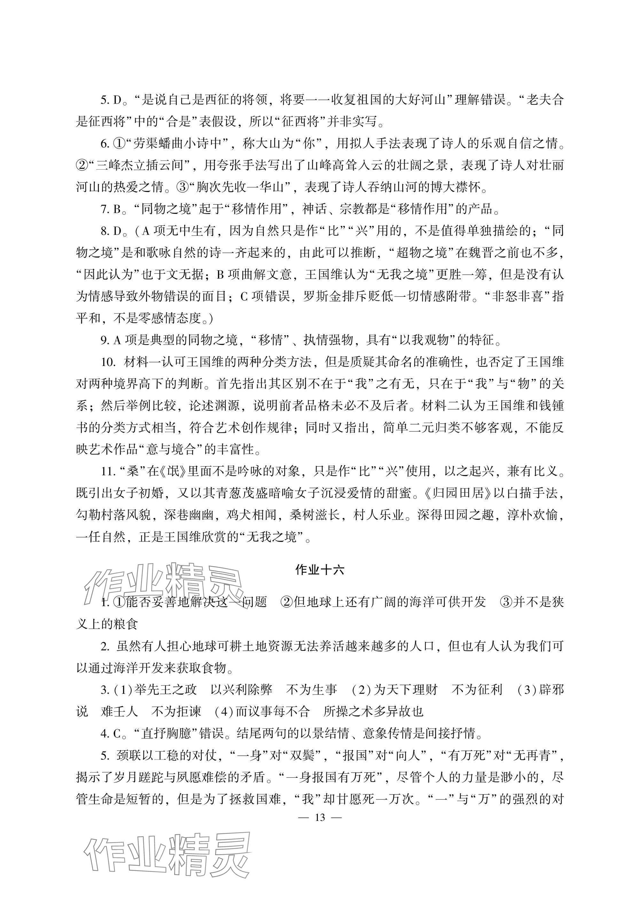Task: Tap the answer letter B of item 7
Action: point(117,209)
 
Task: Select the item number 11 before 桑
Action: point(107,471)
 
